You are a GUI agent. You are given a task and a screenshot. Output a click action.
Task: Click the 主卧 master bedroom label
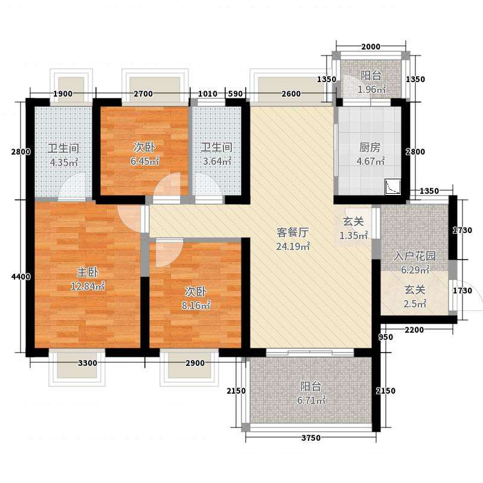(x=88, y=272)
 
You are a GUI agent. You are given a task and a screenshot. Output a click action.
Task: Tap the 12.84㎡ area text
(x=88, y=286)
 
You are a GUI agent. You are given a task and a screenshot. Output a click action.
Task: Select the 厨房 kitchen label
(x=370, y=147)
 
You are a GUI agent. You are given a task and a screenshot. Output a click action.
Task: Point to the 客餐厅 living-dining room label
(x=293, y=232)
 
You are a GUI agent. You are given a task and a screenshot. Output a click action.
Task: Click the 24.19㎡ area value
(x=293, y=246)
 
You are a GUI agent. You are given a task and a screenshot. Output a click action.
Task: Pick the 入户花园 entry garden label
(x=415, y=255)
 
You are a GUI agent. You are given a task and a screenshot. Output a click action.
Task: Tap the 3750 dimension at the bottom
(x=311, y=438)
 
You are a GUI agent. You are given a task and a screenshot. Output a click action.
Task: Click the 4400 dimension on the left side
(x=21, y=277)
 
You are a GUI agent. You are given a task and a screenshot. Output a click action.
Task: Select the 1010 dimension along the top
(x=208, y=94)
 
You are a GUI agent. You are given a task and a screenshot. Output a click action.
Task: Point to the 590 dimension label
(x=235, y=94)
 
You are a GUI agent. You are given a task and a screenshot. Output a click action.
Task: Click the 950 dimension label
(x=386, y=337)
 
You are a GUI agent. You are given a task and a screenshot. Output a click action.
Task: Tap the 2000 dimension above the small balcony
(x=371, y=47)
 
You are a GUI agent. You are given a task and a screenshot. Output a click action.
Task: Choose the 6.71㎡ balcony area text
(x=311, y=400)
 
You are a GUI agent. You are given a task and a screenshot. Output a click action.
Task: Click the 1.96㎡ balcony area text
(x=371, y=89)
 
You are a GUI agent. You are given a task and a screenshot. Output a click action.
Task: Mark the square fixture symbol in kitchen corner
(x=393, y=187)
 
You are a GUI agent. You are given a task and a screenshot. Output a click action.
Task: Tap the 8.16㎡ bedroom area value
(x=196, y=305)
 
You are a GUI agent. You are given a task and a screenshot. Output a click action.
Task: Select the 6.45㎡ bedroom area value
(x=144, y=161)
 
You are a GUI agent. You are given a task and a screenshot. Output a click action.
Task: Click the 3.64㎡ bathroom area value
(x=217, y=161)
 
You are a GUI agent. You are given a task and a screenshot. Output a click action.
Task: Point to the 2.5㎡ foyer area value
(x=415, y=304)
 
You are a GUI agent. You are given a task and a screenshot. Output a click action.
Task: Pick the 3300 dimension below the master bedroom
(x=88, y=363)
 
